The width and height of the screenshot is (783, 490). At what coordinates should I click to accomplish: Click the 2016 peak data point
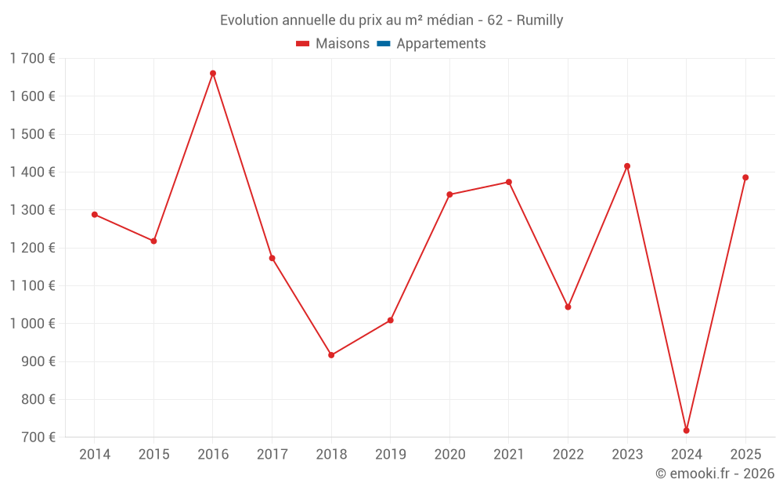pos(213,74)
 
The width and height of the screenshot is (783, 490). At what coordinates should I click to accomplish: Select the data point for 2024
pos(687,430)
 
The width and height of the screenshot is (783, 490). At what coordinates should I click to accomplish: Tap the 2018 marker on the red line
pos(331,355)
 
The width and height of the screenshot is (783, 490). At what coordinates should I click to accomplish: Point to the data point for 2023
pos(627,166)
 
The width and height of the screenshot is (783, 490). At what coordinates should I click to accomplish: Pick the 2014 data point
pos(95,215)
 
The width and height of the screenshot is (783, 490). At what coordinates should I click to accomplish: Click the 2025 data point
pos(745,177)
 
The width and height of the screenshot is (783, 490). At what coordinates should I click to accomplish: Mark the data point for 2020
pos(449,194)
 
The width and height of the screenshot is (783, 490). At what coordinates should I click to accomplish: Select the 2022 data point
pos(568,307)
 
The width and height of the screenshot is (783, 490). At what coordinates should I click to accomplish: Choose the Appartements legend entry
pos(441,44)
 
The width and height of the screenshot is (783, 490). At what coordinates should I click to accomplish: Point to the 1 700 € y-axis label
pos(32,59)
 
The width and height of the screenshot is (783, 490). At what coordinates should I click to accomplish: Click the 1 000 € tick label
pos(32,324)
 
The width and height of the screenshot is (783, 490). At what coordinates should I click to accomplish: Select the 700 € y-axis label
pos(37,437)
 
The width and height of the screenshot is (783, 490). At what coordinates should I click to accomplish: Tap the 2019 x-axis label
pos(391,455)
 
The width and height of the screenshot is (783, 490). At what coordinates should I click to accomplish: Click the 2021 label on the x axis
pos(509,455)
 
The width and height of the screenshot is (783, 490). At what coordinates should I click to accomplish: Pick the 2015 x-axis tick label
pos(153,455)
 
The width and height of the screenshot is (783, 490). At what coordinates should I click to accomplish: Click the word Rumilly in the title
pos(539,20)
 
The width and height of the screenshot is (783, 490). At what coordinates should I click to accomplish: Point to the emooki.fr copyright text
pos(714,474)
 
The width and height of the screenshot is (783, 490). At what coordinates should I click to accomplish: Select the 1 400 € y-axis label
pos(32,172)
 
